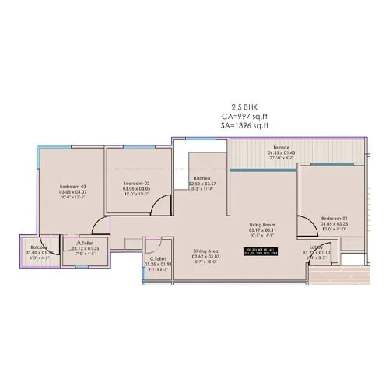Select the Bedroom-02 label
135,181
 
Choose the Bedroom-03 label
74,187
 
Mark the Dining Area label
206,251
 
